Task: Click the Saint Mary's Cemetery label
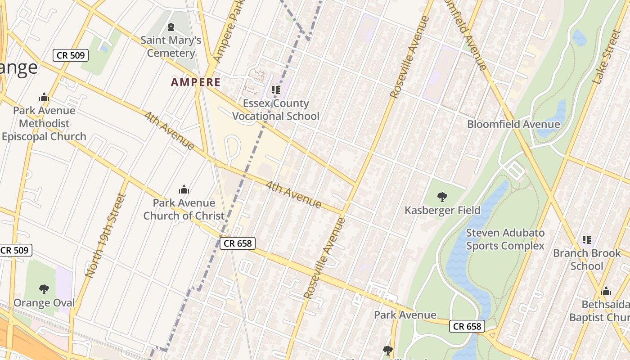tap(171, 46)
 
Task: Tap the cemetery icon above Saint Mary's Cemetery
tap(171, 27)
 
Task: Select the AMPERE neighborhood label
tap(196, 82)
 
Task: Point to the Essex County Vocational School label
tap(275, 110)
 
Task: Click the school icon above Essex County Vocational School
tap(275, 90)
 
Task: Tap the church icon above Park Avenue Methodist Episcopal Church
tap(44, 97)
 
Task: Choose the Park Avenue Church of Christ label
tap(184, 209)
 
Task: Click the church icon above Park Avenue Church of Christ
tap(184, 189)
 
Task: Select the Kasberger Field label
tap(442, 210)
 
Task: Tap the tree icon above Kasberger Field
tap(442, 197)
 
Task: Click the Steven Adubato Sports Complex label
tap(505, 239)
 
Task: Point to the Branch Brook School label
tap(587, 259)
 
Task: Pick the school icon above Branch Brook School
tap(587, 239)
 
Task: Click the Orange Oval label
tap(44, 302)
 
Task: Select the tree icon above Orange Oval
tap(44, 289)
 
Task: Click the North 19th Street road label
tap(104, 235)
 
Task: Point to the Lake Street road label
tap(606, 57)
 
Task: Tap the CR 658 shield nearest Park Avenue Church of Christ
tap(238, 243)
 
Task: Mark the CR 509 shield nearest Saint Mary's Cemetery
tap(71, 56)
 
